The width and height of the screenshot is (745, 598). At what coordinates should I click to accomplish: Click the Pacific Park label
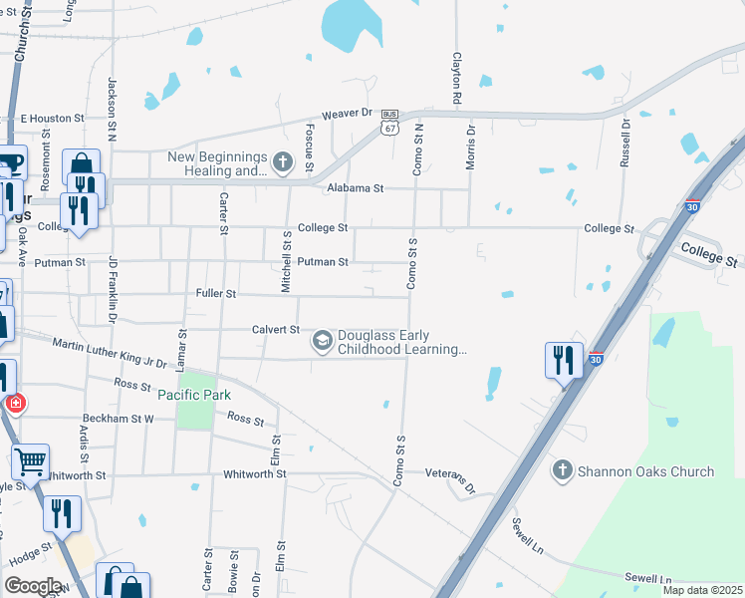click(x=194, y=395)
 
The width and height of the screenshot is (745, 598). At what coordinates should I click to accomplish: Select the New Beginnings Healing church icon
click(x=283, y=161)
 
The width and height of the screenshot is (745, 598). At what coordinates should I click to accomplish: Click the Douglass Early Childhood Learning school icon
click(x=322, y=342)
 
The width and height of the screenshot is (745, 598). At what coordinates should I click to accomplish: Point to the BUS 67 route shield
click(x=389, y=123)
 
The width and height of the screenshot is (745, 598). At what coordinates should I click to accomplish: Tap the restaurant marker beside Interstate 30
click(x=564, y=359)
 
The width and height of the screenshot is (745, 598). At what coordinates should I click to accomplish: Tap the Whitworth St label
click(x=255, y=474)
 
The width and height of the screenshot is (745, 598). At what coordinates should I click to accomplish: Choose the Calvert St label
click(x=276, y=329)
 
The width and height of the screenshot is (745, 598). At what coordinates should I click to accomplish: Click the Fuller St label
click(x=216, y=294)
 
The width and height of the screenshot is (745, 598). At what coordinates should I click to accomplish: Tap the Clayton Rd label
click(x=457, y=79)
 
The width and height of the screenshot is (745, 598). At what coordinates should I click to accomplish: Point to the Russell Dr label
click(x=625, y=142)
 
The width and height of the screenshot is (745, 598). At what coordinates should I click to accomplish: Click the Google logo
click(x=34, y=585)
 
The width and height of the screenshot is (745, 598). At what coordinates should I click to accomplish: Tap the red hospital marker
click(x=14, y=404)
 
